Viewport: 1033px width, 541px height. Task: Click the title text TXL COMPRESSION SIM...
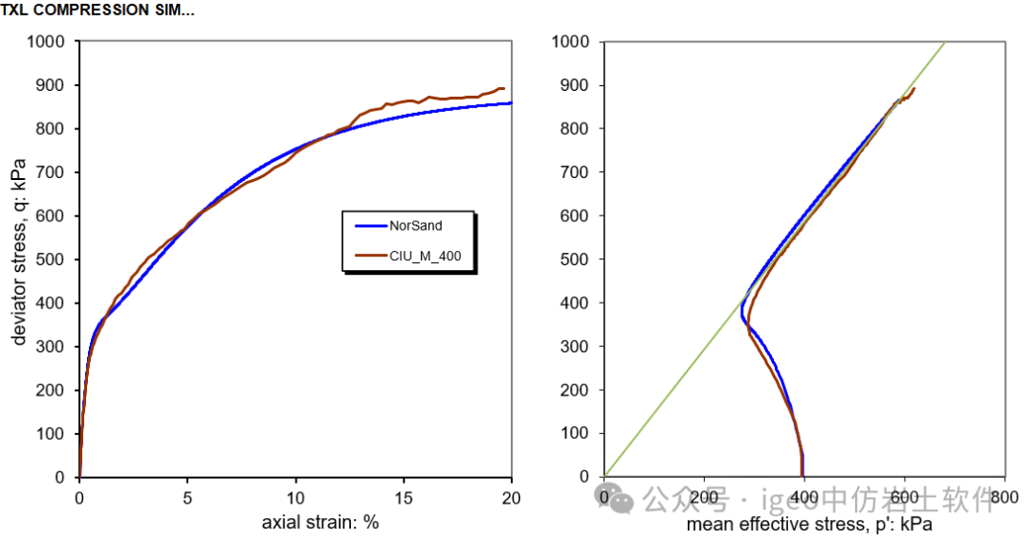click(98, 11)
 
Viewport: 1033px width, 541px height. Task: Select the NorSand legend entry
click(415, 226)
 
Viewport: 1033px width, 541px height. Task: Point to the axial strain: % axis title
click(320, 524)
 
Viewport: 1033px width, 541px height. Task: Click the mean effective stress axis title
click(809, 525)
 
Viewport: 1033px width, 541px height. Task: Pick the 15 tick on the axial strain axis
click(404, 497)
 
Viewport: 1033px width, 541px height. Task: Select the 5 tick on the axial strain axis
click(187, 497)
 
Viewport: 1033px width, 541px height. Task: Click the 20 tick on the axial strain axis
click(512, 497)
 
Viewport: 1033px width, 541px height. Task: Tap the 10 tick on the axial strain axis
click(296, 497)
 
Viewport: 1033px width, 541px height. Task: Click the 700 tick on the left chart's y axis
click(53, 172)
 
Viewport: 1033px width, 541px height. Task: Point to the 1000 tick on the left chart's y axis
click(48, 42)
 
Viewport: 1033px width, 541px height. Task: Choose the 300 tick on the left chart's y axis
click(53, 347)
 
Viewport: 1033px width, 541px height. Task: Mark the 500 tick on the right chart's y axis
click(576, 259)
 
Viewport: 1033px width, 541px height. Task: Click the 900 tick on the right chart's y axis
click(576, 85)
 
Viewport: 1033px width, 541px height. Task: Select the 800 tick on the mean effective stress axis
click(1004, 497)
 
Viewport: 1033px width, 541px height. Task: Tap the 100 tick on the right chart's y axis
click(576, 434)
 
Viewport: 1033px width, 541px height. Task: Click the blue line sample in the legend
click(370, 226)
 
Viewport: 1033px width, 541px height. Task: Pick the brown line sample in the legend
click(370, 255)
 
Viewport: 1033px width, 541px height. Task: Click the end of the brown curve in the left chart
click(503, 88)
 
